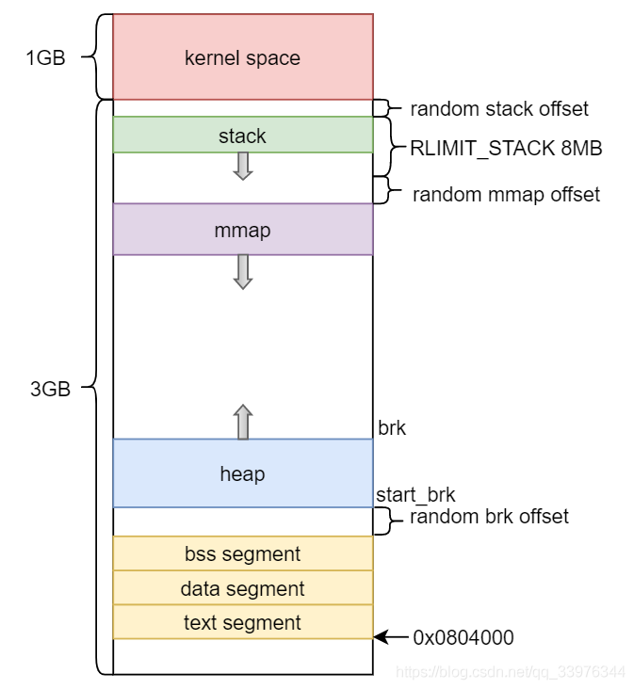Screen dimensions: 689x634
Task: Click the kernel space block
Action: pos(242,57)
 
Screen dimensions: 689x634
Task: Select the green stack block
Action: pos(242,136)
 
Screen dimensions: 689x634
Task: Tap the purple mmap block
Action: pos(242,230)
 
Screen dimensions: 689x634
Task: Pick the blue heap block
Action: pos(242,473)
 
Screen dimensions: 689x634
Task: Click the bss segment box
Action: pos(242,553)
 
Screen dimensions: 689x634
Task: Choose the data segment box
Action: pos(242,588)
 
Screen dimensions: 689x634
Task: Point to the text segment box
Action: pos(242,622)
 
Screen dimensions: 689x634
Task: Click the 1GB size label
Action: pos(45,57)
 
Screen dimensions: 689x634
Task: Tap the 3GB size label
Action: pos(50,389)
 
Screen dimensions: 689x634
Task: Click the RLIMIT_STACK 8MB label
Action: pos(506,149)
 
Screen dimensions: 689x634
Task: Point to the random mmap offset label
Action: pos(506,195)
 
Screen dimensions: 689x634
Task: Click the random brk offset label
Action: pos(489,517)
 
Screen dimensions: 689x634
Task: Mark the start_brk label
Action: pos(415,495)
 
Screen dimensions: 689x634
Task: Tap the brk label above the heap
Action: pos(392,427)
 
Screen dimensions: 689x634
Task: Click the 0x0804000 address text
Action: pos(463,637)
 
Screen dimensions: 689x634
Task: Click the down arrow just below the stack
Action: pos(242,167)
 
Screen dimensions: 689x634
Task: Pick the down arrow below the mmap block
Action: pos(242,271)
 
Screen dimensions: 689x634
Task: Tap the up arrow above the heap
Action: pos(242,422)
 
